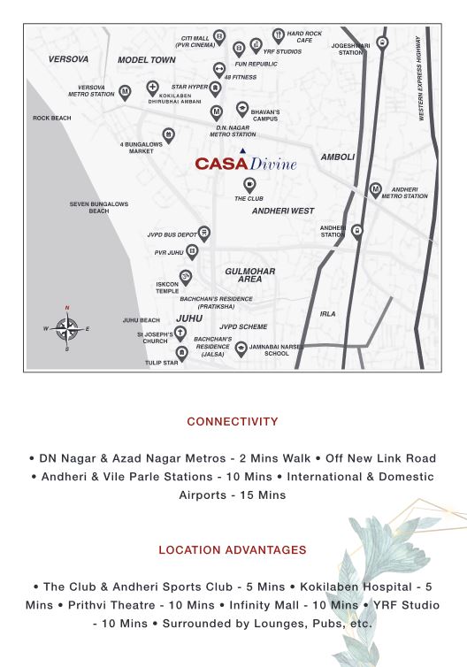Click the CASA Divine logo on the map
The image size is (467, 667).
(246, 164)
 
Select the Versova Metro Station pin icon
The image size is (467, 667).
(126, 91)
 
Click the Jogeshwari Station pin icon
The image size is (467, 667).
(382, 42)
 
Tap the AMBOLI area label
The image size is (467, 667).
(338, 157)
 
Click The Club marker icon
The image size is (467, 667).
(249, 185)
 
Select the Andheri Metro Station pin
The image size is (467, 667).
(376, 189)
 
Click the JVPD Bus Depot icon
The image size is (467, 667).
(204, 234)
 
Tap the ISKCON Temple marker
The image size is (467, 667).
(186, 276)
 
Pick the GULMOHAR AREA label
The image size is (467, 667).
(250, 275)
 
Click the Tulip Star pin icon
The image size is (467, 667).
(181, 352)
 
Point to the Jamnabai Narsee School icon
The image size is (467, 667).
(241, 349)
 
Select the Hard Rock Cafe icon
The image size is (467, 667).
(278, 36)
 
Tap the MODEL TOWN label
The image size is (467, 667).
(147, 60)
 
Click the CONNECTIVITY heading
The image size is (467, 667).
(233, 422)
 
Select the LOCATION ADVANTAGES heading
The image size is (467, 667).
(233, 549)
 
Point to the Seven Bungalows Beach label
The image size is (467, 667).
(99, 208)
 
